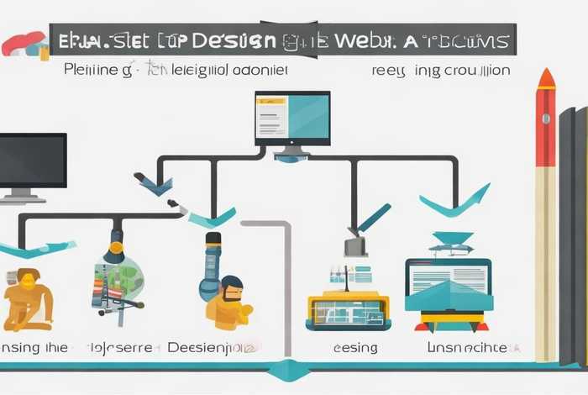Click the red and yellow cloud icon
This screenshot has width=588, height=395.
click(23, 44)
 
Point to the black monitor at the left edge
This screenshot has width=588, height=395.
click(31, 161)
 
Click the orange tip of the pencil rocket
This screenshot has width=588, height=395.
click(546, 79)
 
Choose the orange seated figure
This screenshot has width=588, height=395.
click(27, 299)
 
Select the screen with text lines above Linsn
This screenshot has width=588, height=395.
click(448, 275)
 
